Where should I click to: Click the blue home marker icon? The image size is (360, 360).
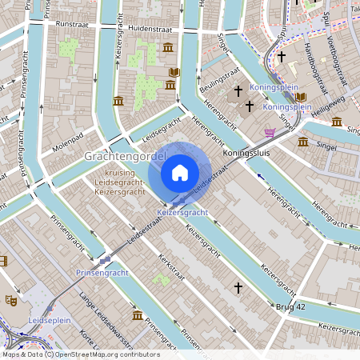click(180, 172)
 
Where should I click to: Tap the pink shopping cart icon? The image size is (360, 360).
click(270, 132)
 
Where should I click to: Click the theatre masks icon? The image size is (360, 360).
click(11, 301)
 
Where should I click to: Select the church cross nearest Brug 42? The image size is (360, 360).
click(237, 286)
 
